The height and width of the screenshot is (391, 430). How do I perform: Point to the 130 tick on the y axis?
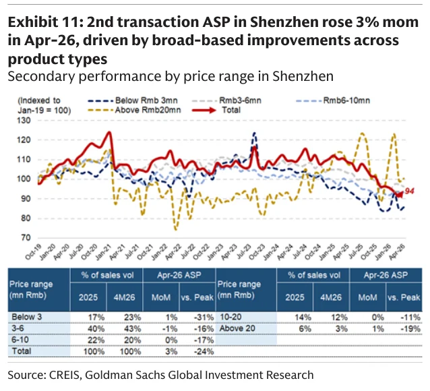[24, 120]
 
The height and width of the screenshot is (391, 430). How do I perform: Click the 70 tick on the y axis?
[26, 237]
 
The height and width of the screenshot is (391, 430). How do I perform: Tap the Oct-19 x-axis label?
[33, 252]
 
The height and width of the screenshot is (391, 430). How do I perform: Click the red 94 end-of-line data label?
[409, 191]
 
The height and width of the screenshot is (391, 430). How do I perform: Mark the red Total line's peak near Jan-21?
[109, 133]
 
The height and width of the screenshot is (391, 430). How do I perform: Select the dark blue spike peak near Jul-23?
[254, 133]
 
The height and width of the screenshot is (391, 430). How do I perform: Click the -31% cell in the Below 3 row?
[204, 318]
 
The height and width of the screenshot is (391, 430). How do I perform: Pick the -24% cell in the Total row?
[204, 351]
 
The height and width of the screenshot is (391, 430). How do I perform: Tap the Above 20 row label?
[237, 328]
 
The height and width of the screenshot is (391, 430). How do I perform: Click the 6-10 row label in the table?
[20, 340]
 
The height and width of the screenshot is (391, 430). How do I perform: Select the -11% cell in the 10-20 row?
[410, 318]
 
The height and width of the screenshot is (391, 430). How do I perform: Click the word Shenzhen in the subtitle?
[303, 76]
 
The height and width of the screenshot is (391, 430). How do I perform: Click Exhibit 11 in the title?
[44, 22]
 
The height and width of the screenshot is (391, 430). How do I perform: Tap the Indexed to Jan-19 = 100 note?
[44, 105]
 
